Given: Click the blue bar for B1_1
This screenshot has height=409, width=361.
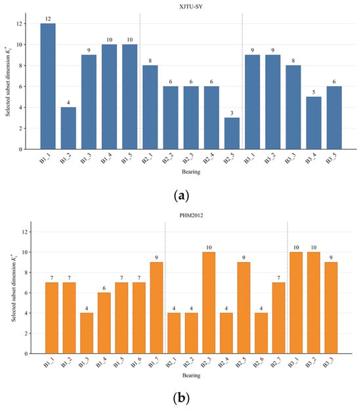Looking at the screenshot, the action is pos(48,87).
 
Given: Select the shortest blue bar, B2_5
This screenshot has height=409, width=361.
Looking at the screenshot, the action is pos(232,133).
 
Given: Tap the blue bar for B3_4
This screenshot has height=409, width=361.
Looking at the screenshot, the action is pos(314,123).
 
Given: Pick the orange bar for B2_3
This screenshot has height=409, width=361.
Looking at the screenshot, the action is pos(209,303).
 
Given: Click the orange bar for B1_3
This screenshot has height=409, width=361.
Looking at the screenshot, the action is pos(87,334).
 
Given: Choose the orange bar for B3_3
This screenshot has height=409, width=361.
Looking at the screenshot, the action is pos(331,308).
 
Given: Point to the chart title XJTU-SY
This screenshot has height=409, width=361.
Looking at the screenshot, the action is pos(191,7).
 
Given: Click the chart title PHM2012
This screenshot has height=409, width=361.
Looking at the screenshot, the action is pos(191,215).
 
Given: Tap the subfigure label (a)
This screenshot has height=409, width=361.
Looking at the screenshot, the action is pos(181,196).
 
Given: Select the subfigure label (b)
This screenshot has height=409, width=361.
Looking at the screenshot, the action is pos(181,398).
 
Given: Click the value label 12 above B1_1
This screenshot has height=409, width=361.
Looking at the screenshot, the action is pos(48,19).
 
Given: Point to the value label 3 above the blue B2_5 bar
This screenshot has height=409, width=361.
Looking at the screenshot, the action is pos(232,113).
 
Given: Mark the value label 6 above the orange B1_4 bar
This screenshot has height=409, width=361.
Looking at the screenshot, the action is pos(104,288).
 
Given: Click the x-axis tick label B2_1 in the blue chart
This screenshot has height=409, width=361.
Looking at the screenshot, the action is pos(148,159).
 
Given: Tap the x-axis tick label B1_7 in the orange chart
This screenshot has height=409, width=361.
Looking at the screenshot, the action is pos(154,362).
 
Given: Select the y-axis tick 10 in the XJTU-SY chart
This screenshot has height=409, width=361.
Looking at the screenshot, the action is pos(20,45).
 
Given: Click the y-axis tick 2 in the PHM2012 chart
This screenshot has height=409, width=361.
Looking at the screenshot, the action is pos(26,334).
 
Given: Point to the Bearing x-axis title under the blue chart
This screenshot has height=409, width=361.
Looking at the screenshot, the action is pos(191,171).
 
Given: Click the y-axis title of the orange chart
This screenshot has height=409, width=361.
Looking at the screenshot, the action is pos(14,288).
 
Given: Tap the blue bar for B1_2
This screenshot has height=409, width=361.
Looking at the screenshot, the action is pos(68,128).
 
